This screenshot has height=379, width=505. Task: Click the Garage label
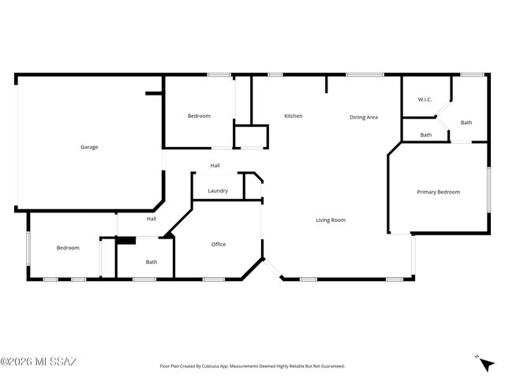pos(88,147)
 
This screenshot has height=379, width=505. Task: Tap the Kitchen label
pos(294,116)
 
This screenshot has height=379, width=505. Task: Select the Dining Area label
pos(364,117)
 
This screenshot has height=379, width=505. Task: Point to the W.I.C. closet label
pos(425,99)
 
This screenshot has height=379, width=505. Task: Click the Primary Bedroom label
pos(438,192)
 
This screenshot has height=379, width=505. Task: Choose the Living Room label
pos(331,220)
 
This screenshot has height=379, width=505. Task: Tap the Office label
pos(219,244)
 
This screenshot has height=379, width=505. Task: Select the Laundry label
pos(218,191)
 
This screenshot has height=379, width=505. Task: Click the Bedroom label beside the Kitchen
pos(199,116)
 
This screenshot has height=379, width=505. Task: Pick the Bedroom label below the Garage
pos(68,248)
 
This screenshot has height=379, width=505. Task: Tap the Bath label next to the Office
pos(151,262)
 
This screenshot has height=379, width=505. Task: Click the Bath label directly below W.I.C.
pos(425,135)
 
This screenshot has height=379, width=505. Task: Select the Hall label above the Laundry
pos(215,165)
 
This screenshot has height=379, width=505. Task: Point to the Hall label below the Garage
pos(151,219)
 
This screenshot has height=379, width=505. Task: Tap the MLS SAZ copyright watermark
pos(39,362)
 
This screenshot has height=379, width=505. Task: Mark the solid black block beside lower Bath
pos(126,240)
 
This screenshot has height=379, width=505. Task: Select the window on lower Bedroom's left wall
pos(29,248)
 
